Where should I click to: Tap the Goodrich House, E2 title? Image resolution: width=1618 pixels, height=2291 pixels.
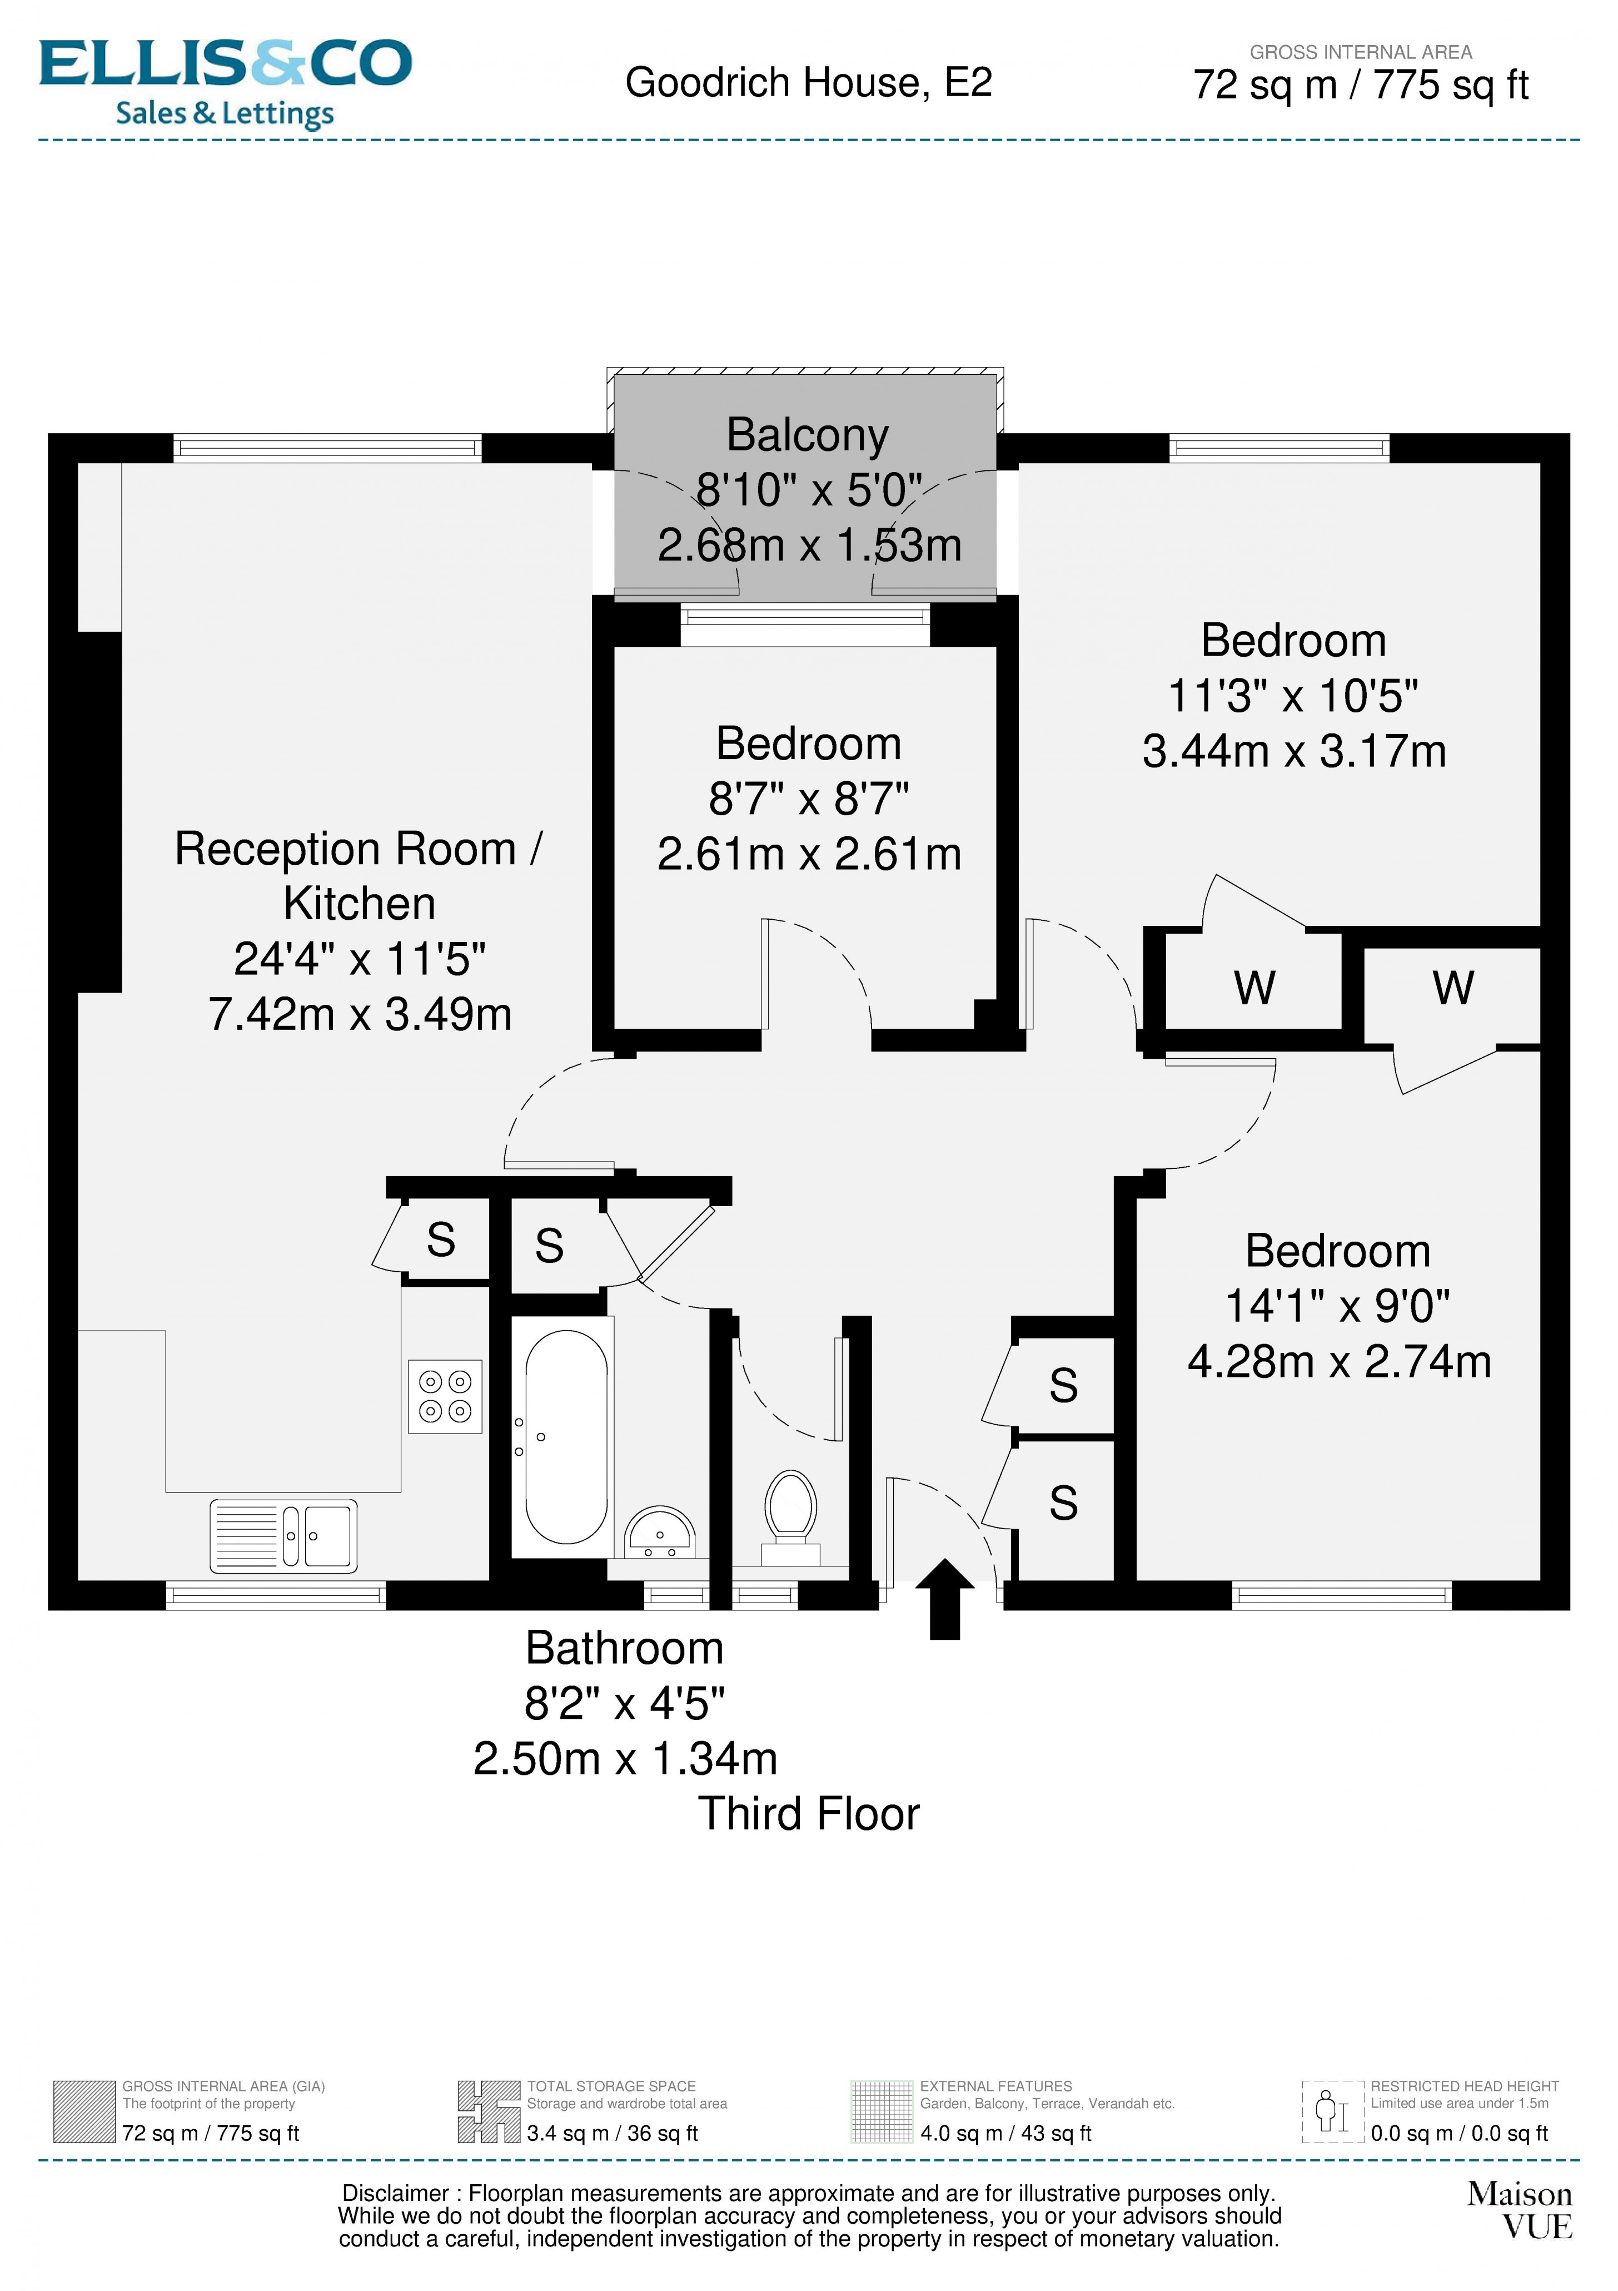click(808, 83)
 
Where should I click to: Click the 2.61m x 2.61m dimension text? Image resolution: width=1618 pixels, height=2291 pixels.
click(809, 854)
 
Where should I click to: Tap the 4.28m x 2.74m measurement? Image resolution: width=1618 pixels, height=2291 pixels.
click(1338, 1361)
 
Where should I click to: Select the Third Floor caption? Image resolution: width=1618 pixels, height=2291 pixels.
click(808, 1814)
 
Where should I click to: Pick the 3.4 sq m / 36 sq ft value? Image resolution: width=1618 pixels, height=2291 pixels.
click(613, 2133)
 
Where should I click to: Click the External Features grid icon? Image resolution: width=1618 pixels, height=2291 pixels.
click(882, 2111)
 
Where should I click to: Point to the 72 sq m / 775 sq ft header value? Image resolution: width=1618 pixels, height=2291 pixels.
click(1361, 86)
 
